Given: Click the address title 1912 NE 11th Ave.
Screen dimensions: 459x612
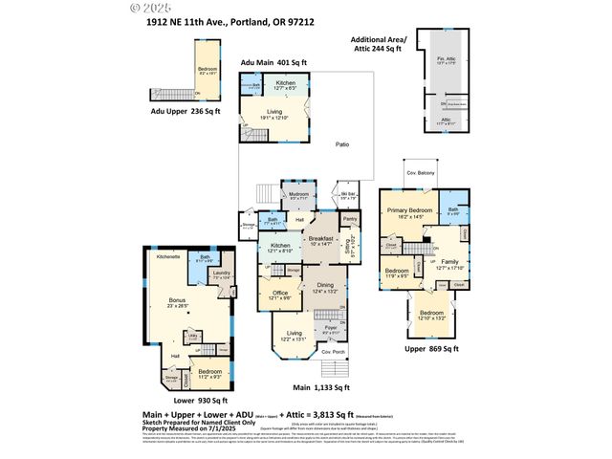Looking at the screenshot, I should point(225,22).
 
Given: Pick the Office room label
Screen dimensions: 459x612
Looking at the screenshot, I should point(281,294).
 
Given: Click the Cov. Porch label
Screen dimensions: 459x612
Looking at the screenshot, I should point(334,352).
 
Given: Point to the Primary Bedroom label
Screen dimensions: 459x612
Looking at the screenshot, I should point(409,208).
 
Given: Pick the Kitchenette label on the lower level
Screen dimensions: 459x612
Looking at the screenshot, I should point(168,256).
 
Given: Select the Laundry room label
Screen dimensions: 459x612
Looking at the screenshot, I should point(221,273).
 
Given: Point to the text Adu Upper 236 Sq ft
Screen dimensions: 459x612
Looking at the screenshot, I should point(185,111).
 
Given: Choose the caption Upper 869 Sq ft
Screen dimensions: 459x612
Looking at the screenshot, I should point(433,349).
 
